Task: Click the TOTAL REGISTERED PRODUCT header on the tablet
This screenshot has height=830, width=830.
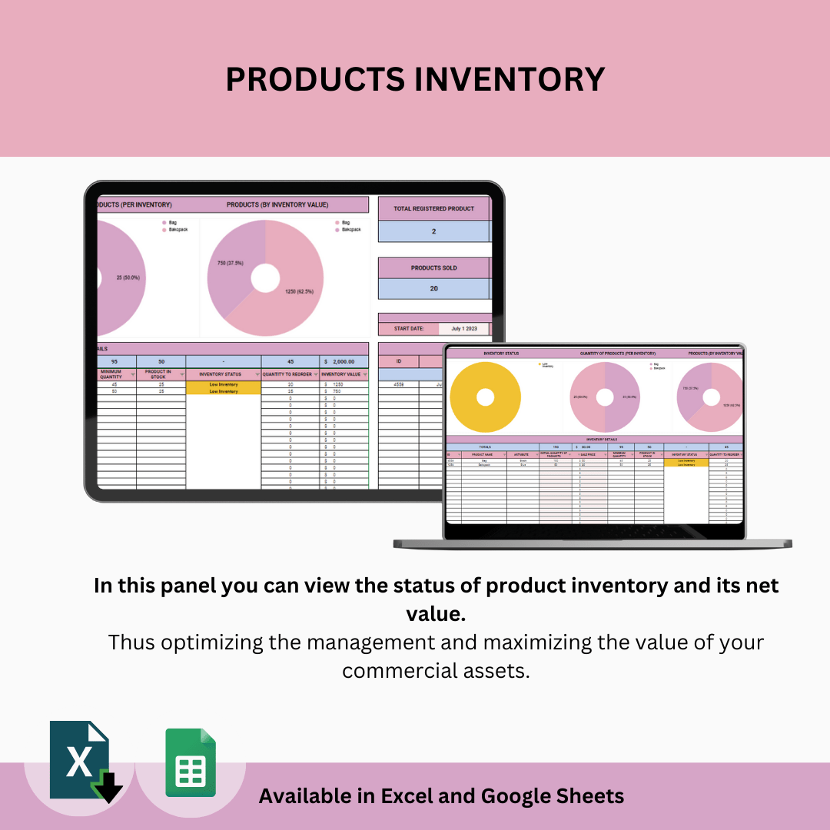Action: tap(433, 208)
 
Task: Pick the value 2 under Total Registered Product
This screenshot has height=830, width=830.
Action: tap(433, 231)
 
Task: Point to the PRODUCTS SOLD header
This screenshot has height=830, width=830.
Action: tap(433, 267)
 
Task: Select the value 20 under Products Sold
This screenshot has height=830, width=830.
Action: tap(433, 288)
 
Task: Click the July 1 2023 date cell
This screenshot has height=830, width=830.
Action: tap(465, 329)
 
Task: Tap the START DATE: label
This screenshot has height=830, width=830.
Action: tap(408, 329)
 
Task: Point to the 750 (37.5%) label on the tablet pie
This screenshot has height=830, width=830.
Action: tap(229, 262)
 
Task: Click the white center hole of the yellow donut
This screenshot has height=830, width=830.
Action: tap(485, 397)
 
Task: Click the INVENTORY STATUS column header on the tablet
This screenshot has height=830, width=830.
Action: tap(223, 374)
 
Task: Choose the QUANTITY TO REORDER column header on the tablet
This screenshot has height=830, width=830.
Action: tap(290, 374)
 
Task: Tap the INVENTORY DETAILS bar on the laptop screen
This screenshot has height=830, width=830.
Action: tap(596, 440)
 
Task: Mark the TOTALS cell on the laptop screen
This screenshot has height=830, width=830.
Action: tap(485, 447)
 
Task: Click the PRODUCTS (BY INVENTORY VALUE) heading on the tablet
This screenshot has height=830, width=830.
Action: tap(277, 205)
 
